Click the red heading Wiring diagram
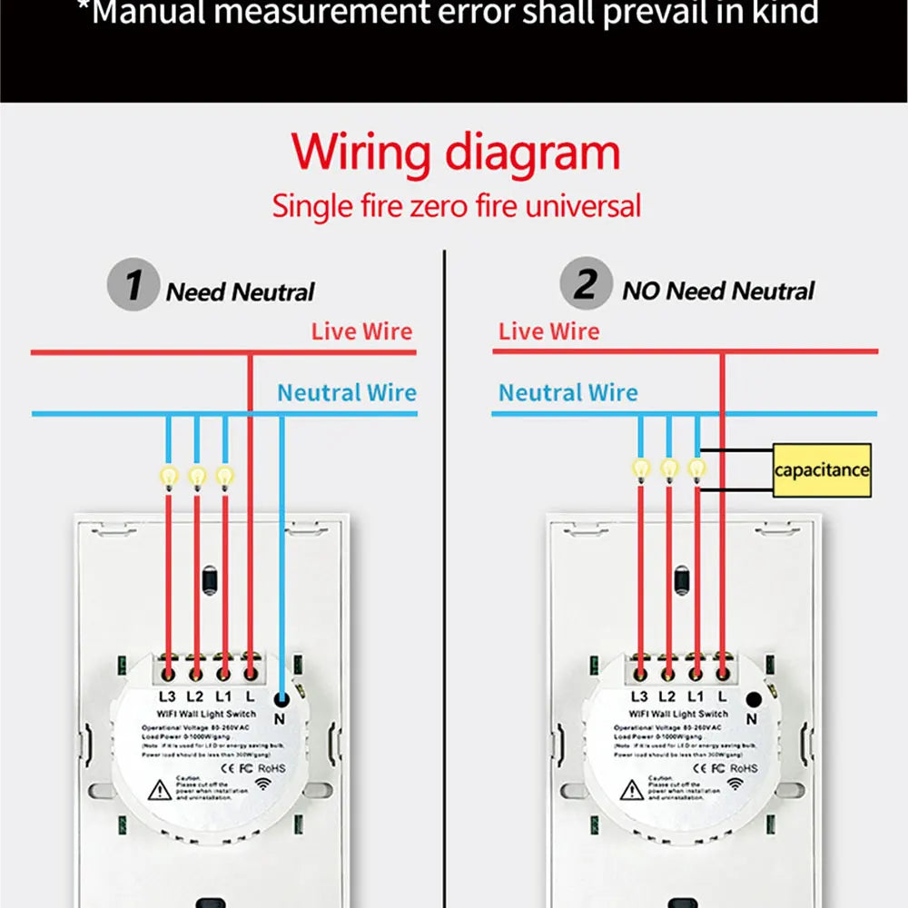457,153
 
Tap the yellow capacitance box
822,469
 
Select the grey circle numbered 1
133,285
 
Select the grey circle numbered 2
586,285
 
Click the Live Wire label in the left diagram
361,331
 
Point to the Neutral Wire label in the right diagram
568,393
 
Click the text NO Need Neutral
718,291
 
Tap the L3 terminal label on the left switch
167,697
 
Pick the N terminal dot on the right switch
752,699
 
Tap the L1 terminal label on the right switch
695,697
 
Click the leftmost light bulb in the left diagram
169,475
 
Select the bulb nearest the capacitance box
696,469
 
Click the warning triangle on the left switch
160,789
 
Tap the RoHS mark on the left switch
271,767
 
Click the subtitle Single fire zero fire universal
457,205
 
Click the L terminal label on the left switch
251,697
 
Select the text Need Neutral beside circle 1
240,292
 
